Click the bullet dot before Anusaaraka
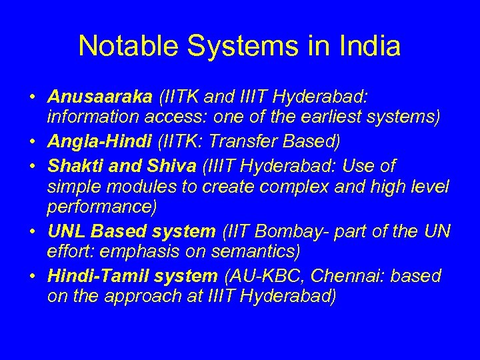[32, 98]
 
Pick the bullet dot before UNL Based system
[32, 231]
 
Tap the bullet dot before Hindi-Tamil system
[32, 275]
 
